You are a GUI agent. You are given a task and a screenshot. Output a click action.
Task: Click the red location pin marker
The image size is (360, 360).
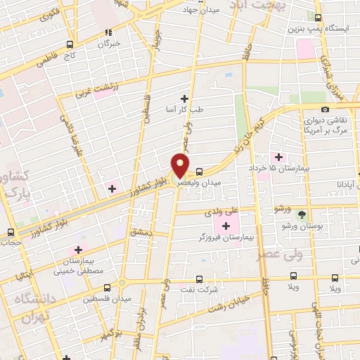click(x=180, y=165)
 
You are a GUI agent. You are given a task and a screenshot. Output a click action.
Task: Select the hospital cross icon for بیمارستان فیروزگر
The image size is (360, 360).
click(x=226, y=225)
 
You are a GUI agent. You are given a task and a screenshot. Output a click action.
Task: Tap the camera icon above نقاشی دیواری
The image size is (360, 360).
click(x=325, y=109)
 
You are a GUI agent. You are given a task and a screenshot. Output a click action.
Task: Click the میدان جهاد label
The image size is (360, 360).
click(x=201, y=10)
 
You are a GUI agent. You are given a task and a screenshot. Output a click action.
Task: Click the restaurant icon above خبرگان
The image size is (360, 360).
click(x=108, y=32)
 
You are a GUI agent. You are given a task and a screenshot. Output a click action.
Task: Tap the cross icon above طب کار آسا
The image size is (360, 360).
click(x=186, y=98)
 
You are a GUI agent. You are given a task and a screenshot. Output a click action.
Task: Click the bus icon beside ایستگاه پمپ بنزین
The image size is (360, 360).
click(x=319, y=18)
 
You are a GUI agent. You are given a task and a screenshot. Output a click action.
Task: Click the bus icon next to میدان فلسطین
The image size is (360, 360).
click(x=107, y=288)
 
